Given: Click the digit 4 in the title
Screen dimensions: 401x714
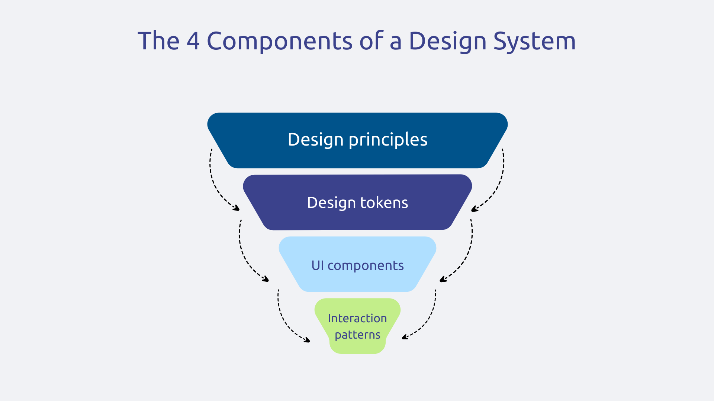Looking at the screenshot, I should tap(193, 41).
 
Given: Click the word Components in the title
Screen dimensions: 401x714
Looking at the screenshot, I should tap(279, 41).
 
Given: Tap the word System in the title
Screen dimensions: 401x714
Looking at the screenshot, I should tap(534, 41).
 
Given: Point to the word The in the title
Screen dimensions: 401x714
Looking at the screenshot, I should tap(159, 41).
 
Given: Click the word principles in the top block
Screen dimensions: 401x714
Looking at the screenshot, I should tap(388, 140).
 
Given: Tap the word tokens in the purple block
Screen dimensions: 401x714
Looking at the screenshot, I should tap(384, 203).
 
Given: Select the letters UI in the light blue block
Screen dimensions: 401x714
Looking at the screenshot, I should tap(318, 265).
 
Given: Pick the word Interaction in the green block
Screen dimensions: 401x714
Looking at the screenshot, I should tap(357, 318).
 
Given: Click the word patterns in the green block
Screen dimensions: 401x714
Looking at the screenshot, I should tap(357, 335).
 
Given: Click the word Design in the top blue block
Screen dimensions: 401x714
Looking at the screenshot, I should tap(315, 140).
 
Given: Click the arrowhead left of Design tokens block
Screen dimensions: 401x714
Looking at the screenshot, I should tap(237, 209).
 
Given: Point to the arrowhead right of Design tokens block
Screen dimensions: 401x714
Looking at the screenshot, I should tap(474, 209).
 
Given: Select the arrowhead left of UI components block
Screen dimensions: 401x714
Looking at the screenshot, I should tap(266, 279).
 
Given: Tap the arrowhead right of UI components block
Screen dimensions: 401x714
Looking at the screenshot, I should tap(443, 279).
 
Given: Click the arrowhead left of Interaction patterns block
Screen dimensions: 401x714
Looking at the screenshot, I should tap(307, 340).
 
